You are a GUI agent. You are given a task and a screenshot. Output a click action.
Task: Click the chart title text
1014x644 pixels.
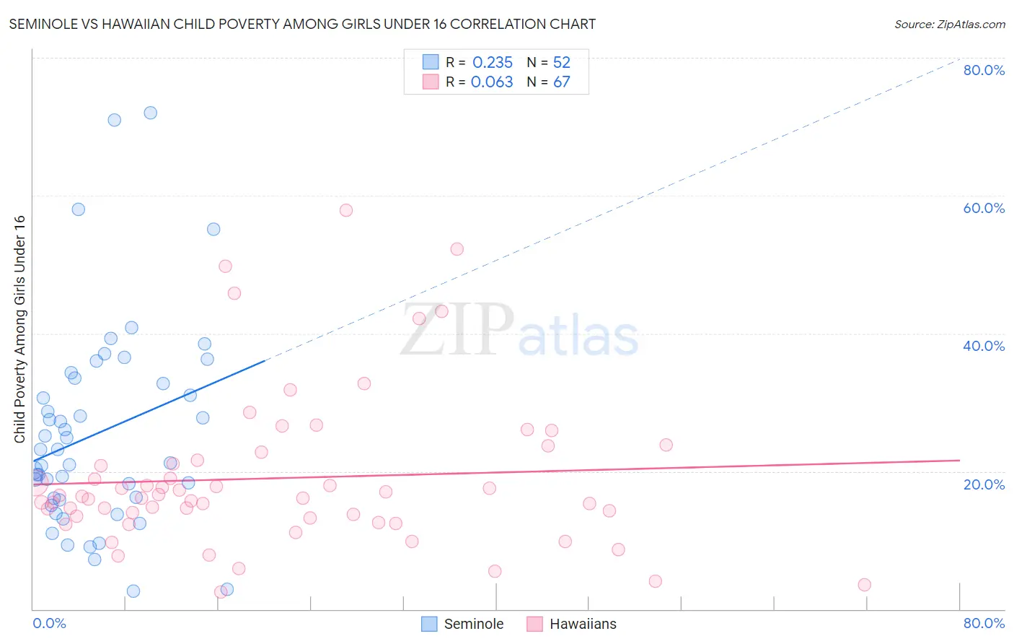302,24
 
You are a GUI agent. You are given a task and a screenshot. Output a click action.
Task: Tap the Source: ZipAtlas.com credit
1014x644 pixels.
949,24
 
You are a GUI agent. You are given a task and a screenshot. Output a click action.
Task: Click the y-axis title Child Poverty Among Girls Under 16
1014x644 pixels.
19,329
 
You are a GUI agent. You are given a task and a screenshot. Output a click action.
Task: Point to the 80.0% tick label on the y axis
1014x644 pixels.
984,70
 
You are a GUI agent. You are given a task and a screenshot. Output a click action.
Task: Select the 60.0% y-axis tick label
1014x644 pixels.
984,208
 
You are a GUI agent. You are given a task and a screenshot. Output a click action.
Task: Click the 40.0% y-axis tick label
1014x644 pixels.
984,346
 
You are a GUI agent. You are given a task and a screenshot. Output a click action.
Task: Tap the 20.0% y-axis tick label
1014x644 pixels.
984,484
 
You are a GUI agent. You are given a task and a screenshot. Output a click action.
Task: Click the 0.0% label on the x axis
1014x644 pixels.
49,623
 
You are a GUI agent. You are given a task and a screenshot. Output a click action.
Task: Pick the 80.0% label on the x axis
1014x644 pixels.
984,623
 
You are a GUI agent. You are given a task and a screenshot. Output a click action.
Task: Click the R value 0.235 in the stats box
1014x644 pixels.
493,62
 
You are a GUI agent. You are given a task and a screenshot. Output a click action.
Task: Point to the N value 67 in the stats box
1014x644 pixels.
562,82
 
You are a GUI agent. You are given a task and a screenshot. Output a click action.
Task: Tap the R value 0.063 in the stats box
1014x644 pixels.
492,82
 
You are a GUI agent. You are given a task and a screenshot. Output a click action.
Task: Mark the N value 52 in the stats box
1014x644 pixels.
562,62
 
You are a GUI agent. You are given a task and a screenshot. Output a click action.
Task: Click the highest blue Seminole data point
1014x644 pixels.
150,113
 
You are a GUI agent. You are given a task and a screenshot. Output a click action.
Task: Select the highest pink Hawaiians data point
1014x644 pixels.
346,210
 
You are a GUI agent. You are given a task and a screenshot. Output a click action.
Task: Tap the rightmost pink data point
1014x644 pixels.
864,585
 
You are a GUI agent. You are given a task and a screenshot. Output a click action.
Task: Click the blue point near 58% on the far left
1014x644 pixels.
79,209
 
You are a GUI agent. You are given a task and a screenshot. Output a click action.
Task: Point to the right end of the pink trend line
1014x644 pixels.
959,460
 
